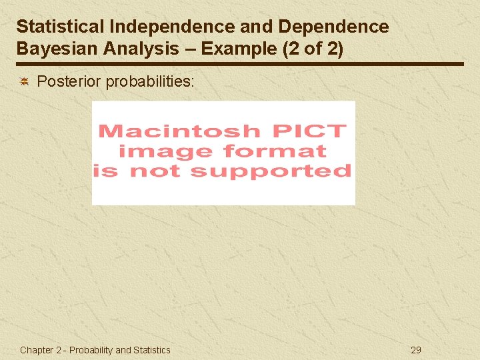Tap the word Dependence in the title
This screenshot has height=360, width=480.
tap(333, 27)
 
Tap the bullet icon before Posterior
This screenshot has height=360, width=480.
tap(24, 82)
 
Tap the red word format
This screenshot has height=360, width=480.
tap(275, 151)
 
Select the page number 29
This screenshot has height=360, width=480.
tap(416, 350)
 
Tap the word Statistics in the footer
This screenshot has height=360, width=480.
tap(151, 350)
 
